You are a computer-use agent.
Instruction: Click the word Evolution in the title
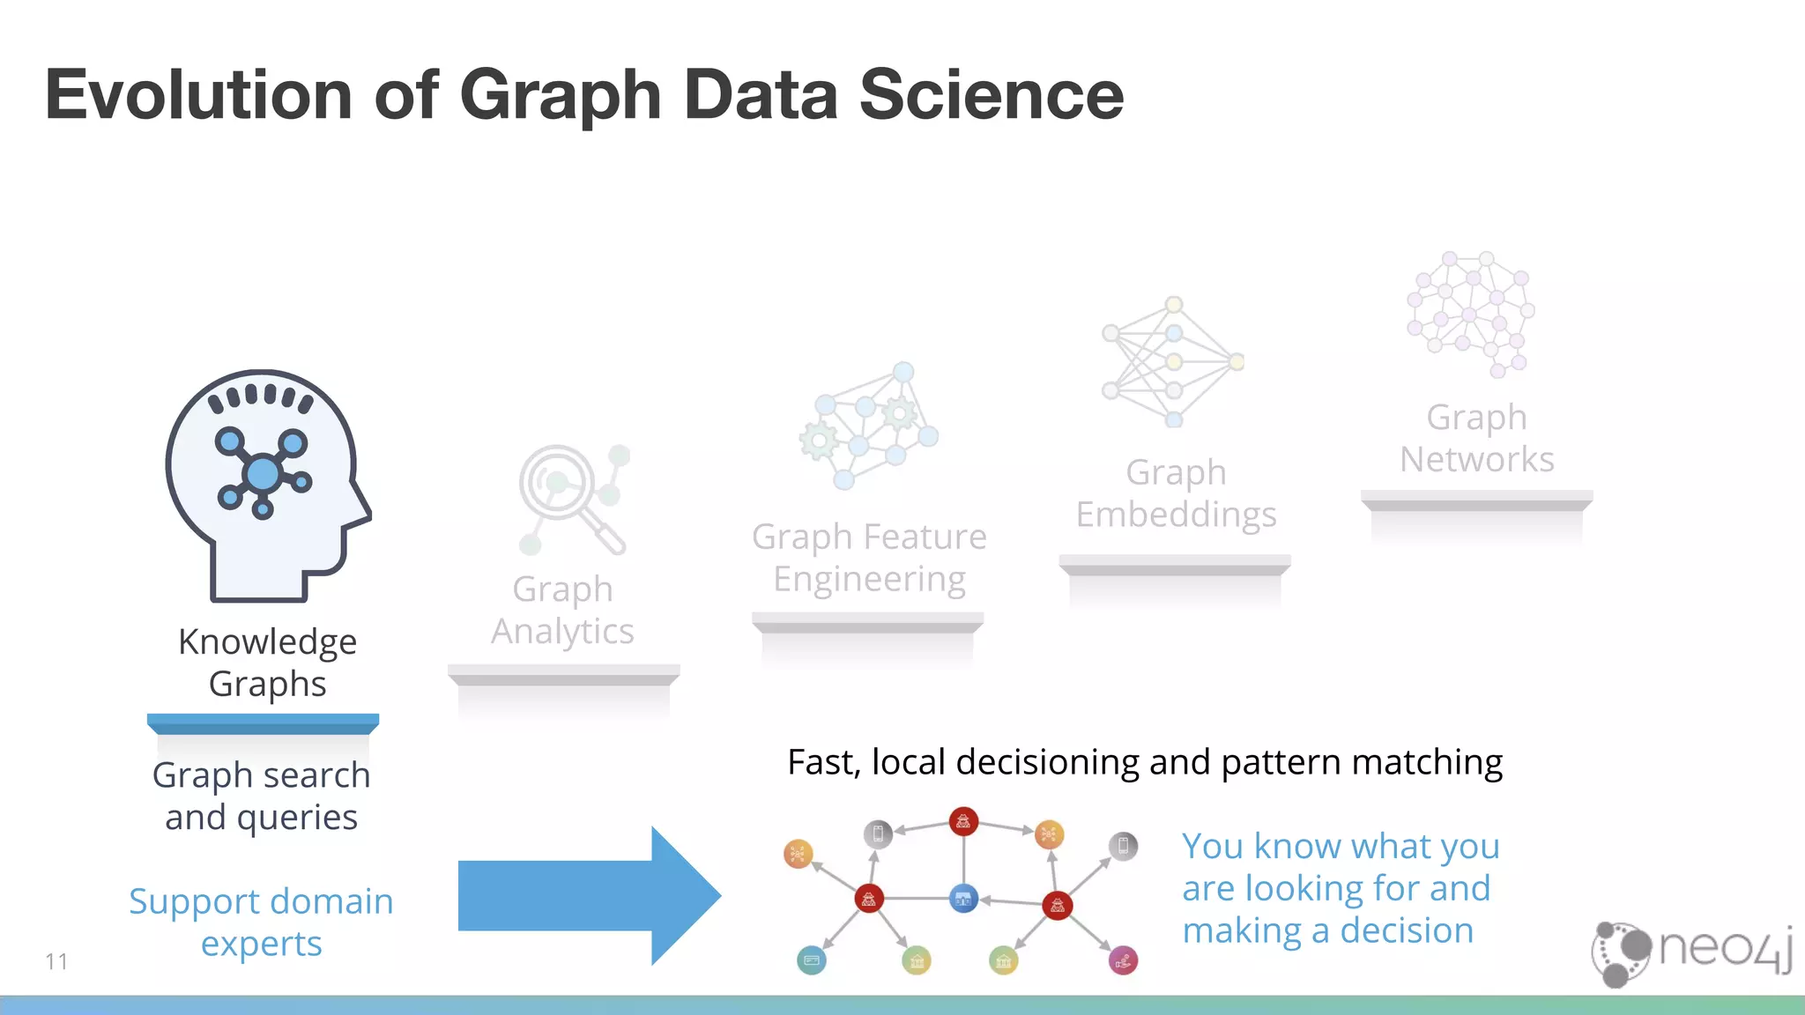click(x=199, y=95)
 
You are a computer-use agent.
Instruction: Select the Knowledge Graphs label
click(x=267, y=663)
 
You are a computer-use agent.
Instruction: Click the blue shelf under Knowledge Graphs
click(x=263, y=723)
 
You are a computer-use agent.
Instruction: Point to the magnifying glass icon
click(x=570, y=498)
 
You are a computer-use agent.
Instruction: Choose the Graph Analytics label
click(x=562, y=610)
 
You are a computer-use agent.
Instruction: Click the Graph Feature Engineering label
click(x=869, y=558)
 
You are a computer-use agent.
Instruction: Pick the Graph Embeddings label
click(x=1176, y=493)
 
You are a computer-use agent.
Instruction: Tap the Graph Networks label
click(x=1477, y=438)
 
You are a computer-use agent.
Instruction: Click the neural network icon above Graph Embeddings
click(x=1172, y=361)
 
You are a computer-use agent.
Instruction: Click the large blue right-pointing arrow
click(x=589, y=896)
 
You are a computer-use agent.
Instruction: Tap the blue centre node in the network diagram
click(x=963, y=899)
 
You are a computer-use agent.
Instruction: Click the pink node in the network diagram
click(x=1123, y=960)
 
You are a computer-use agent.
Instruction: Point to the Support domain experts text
click(x=261, y=922)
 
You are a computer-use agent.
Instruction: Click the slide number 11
click(x=56, y=961)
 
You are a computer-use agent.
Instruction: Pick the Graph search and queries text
click(x=261, y=796)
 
